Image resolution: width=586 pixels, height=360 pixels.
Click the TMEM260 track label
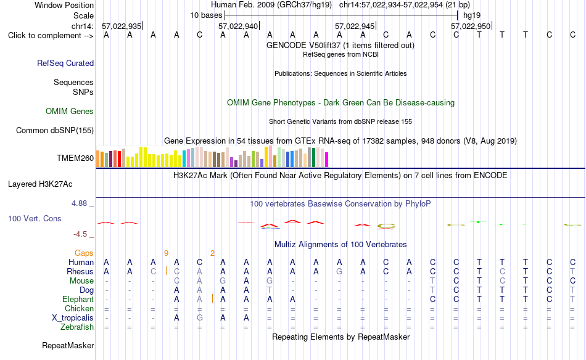pos(75,158)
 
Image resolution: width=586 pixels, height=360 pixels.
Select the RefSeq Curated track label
pos(65,63)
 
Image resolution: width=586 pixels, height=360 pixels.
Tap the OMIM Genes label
pos(70,112)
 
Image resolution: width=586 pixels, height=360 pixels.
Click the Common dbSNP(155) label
pos(55,130)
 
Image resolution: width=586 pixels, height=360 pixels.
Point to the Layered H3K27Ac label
pos(40,184)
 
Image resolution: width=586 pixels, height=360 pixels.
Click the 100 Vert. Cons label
pos(35,218)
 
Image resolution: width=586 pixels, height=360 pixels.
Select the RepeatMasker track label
pos(68,345)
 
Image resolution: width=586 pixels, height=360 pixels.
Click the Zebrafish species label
pos(77,327)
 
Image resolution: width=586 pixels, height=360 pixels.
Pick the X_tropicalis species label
pos(73,318)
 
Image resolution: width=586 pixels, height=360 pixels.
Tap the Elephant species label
pos(78,300)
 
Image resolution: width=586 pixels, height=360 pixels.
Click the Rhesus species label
pos(80,271)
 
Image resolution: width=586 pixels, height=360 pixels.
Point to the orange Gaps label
pos(84,253)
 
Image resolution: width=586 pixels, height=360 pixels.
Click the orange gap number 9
pos(166,253)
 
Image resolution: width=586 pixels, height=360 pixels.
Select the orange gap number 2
pos(212,253)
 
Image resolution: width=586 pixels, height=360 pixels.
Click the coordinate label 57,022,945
pos(355,26)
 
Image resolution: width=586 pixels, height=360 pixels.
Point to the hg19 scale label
pos(472,15)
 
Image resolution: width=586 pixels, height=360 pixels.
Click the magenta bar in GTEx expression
pos(327,160)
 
